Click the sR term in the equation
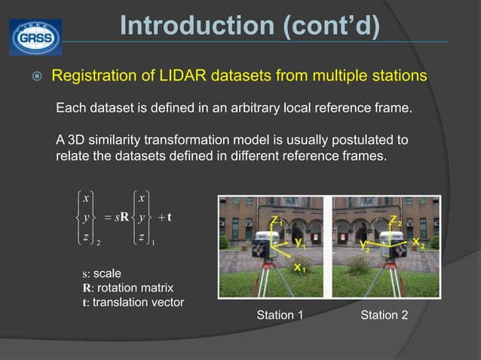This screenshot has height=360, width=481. pos(119,218)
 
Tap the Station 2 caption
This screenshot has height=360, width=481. pos(384,315)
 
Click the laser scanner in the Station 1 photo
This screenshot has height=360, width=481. pos(265,244)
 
